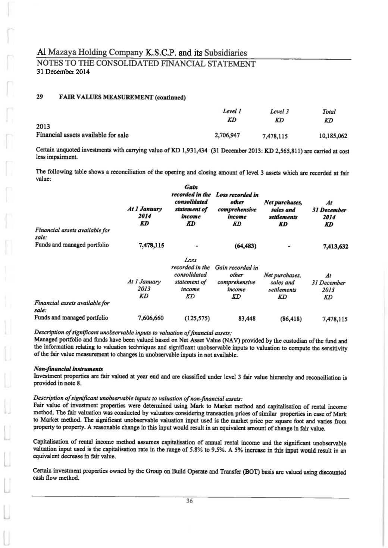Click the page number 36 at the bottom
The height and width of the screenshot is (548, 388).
(x=190, y=501)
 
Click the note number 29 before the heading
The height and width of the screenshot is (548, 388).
(x=39, y=98)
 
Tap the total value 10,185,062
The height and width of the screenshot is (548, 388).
(x=333, y=136)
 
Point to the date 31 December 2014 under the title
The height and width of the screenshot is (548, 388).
(x=63, y=72)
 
